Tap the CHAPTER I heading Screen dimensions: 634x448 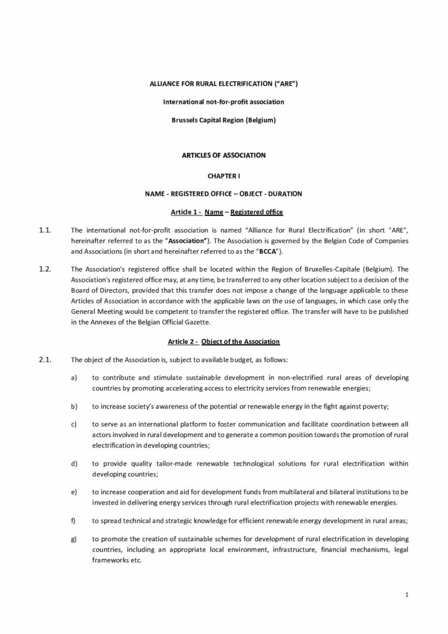(x=223, y=176)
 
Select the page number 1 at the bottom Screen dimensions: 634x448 (x=407, y=595)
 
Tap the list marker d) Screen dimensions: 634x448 (x=74, y=463)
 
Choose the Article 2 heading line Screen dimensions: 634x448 (x=224, y=342)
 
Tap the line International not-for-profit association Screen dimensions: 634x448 (x=223, y=100)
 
